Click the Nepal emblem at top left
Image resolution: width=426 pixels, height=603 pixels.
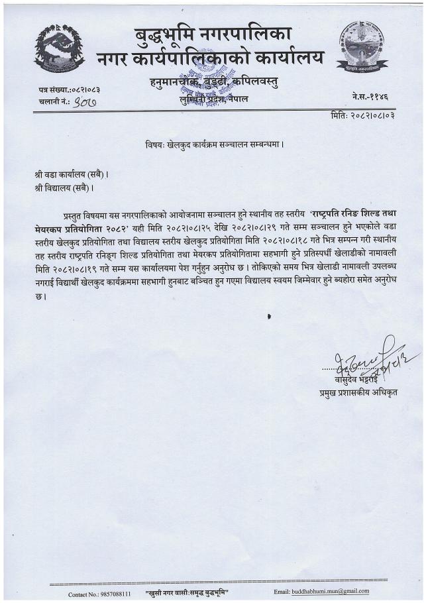[60, 48]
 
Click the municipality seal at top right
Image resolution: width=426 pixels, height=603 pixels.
[362, 46]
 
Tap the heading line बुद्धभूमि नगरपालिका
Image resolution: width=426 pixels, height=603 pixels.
[213, 33]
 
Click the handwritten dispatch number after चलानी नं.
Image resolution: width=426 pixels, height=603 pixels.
[85, 101]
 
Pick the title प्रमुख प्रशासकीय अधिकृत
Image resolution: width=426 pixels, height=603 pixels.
[352, 393]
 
